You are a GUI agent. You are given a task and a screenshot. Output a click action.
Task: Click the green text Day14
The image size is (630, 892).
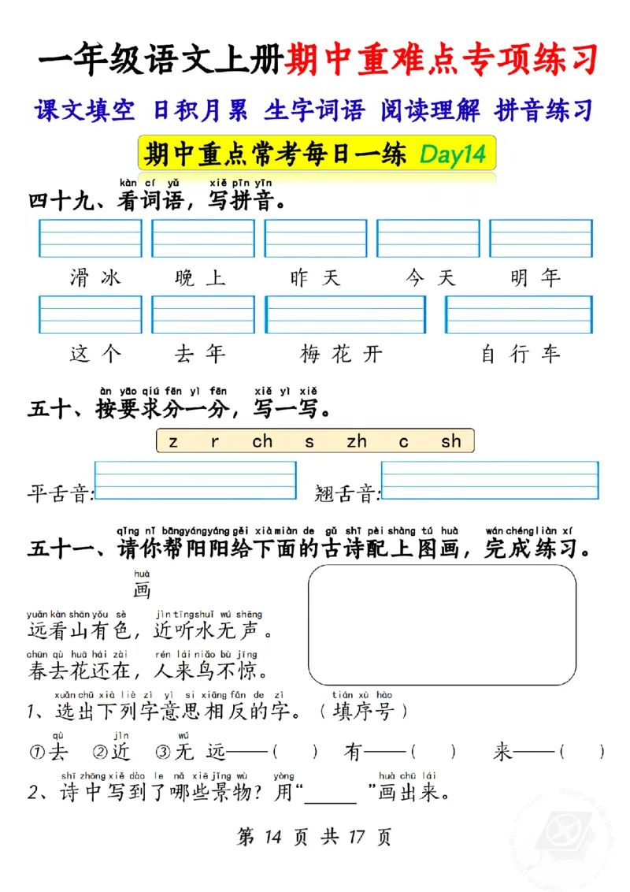[x=451, y=154]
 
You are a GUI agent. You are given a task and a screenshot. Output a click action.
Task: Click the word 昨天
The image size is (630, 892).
[x=314, y=277]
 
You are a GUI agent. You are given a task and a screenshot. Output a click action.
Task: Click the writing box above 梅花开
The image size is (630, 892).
[x=345, y=314]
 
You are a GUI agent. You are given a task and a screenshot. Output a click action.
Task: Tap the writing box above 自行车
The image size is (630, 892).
[x=518, y=314]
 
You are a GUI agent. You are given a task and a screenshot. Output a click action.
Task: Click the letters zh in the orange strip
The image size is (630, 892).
[x=357, y=441]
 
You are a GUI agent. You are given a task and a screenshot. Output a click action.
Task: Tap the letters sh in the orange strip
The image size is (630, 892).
[x=450, y=441]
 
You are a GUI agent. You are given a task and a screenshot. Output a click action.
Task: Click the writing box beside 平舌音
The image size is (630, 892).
[x=195, y=481]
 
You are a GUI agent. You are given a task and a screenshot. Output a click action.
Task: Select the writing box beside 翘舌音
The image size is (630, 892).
[x=489, y=481]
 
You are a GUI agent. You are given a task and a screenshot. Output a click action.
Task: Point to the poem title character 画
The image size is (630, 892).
[x=142, y=591]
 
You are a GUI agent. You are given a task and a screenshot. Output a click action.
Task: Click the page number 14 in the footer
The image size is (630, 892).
[x=269, y=836]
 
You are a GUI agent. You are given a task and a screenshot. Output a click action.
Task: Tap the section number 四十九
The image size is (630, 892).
[x=59, y=202]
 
